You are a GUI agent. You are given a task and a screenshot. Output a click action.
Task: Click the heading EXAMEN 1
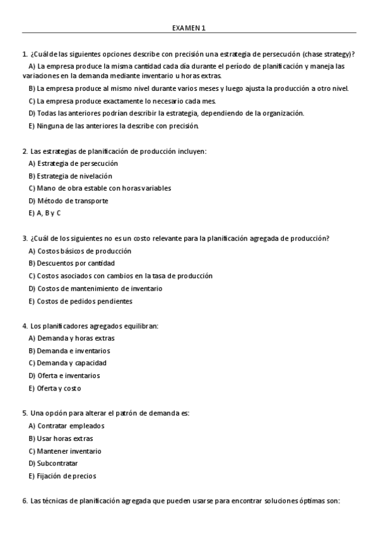pos(189,28)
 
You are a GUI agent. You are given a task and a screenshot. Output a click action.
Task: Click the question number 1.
pos(24,54)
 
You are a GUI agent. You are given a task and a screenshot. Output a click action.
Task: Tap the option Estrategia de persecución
pos(73,163)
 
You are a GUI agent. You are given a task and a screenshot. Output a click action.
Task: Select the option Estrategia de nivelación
pos(70,176)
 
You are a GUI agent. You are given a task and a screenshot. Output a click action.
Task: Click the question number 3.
pos(24,238)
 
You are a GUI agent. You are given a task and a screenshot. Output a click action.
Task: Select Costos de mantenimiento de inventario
pos(95,288)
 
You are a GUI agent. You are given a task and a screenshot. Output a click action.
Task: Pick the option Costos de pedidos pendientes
pos(80,301)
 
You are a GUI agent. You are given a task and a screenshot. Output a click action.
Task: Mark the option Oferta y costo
pos(55,389)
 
